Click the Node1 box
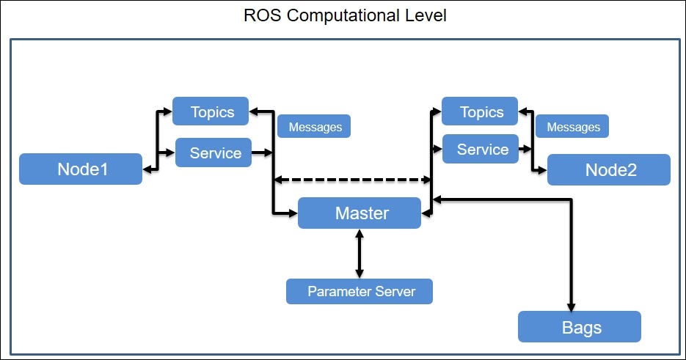point(81,169)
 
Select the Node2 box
point(608,169)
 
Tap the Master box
point(360,213)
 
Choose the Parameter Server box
point(360,291)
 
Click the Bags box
point(580,326)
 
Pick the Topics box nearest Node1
point(211,111)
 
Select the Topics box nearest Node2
point(480,111)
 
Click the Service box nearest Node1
point(214,153)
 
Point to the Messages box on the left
point(314,127)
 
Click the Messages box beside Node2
point(572,127)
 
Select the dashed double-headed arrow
point(352,179)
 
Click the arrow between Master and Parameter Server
point(360,254)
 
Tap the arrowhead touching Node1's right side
point(147,169)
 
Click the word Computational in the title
point(349,16)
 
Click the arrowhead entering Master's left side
point(293,213)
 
